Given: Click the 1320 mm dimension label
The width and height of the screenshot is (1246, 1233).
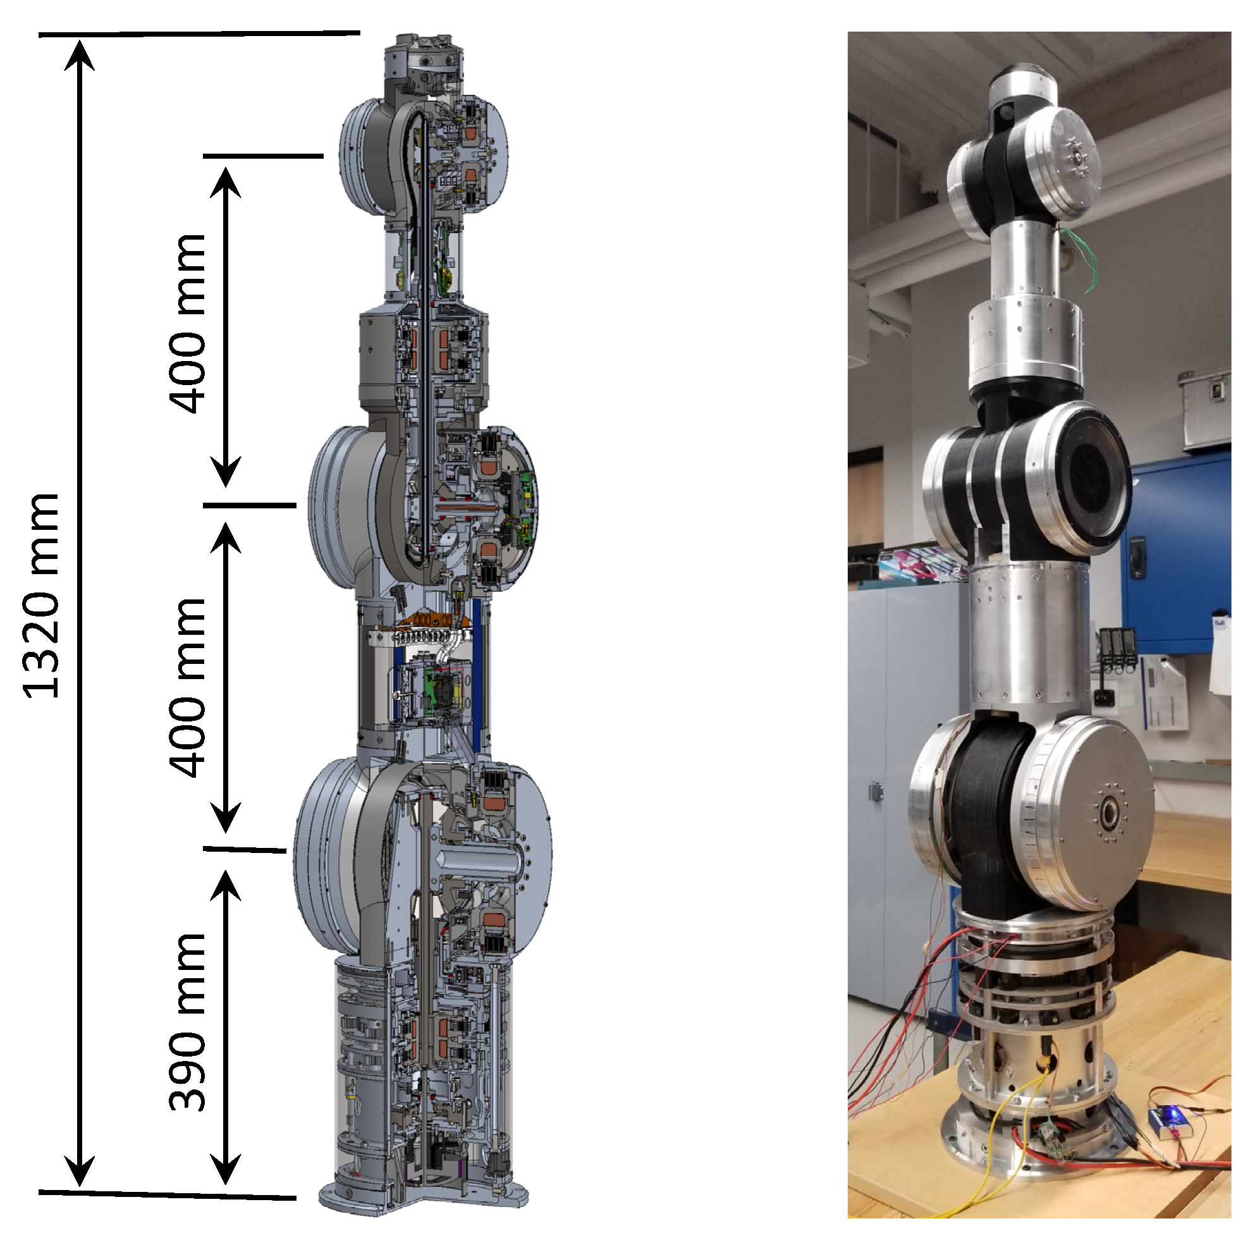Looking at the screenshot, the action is point(40,596).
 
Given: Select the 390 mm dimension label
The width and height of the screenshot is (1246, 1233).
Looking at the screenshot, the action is point(187,1021).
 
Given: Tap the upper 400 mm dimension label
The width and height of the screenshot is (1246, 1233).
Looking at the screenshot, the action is point(187,323).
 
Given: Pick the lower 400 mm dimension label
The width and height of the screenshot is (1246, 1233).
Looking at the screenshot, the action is point(187,687).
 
